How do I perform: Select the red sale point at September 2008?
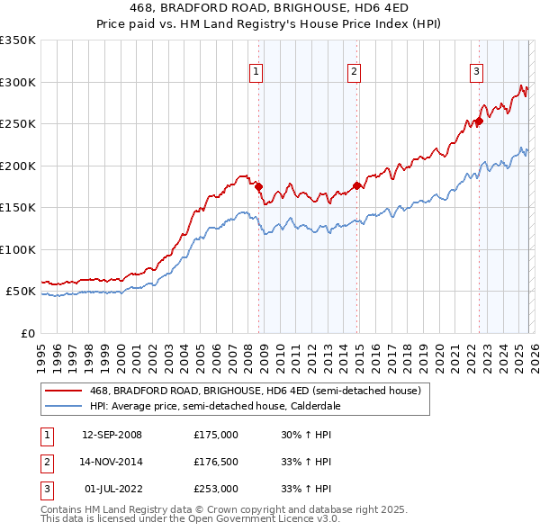[x=258, y=187]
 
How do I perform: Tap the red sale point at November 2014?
[x=356, y=185]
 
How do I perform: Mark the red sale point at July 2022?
[x=479, y=121]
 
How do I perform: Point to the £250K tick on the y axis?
[x=17, y=124]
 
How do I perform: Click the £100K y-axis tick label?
[x=17, y=249]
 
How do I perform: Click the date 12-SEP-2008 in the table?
[x=112, y=435]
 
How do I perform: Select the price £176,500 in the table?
[x=216, y=462]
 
